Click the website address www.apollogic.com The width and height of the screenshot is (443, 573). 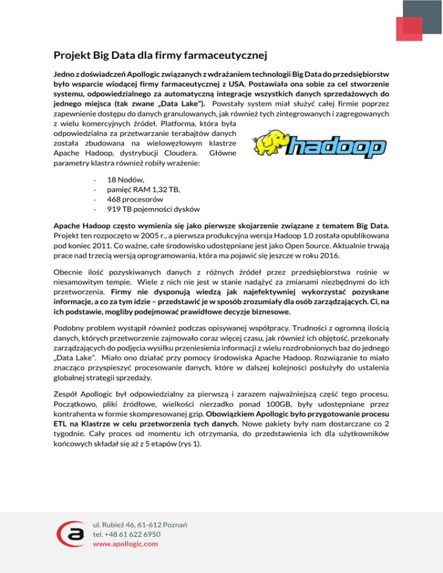coord(125,543)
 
